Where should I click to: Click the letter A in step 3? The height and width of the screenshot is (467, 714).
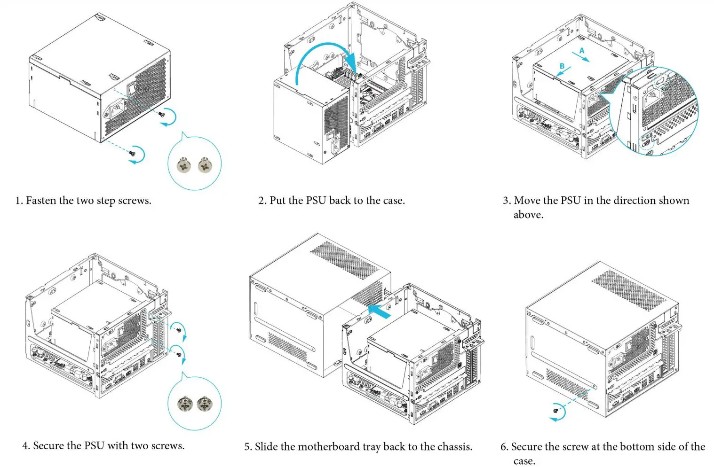(x=582, y=50)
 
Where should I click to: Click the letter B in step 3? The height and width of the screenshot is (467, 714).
(x=562, y=66)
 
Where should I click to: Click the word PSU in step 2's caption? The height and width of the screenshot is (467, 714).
(x=316, y=201)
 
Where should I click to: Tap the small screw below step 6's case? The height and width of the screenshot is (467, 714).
(x=556, y=410)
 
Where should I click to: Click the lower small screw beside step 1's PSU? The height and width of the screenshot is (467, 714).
(x=134, y=152)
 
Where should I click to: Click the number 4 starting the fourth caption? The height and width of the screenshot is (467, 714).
(x=25, y=446)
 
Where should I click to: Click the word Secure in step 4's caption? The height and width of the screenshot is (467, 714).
(x=49, y=446)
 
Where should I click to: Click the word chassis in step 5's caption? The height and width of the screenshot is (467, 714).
(x=454, y=447)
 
